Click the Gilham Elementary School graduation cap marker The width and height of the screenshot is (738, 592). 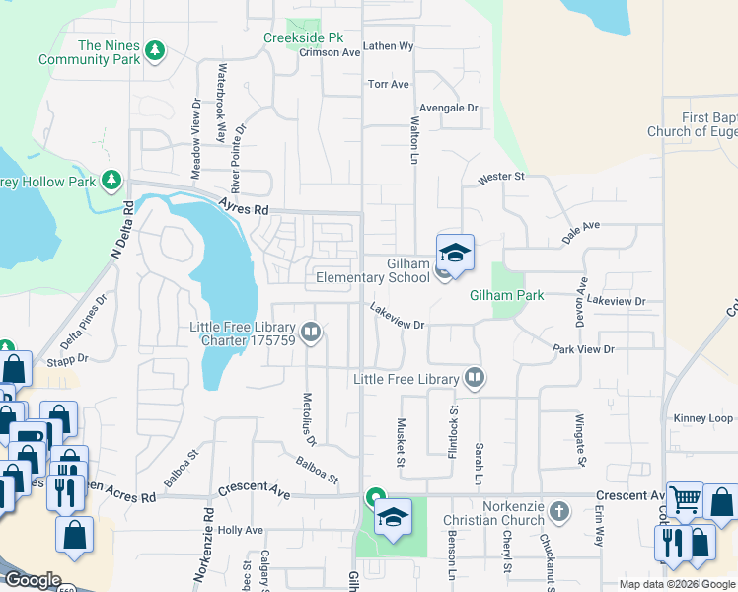point(455,252)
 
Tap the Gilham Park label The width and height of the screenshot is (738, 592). point(506,295)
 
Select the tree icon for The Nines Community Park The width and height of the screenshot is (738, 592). point(154,50)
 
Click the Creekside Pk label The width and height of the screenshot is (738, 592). point(303,38)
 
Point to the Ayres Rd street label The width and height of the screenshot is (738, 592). point(244,208)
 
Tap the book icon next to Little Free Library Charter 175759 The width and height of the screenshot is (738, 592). point(311,333)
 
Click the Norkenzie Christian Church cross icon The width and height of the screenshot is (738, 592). point(559,511)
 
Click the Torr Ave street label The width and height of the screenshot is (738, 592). point(388,85)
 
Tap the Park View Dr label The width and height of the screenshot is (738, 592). point(583,349)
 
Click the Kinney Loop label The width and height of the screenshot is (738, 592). point(703,418)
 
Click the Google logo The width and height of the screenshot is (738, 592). point(32,580)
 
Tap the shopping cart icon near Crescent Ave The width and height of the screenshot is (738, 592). point(684,499)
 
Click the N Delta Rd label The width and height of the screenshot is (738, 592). point(128,228)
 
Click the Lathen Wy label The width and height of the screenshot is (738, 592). point(388,46)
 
